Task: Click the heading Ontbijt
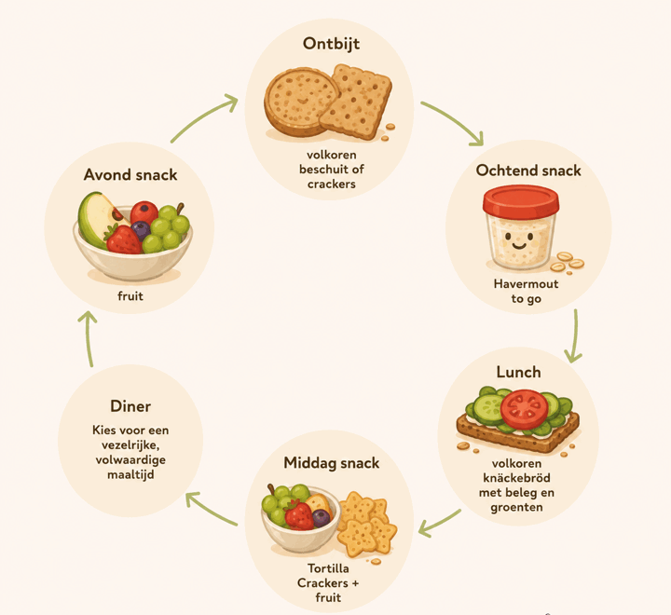coord(331,44)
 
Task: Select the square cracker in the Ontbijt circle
coord(357,101)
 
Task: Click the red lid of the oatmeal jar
coord(521,201)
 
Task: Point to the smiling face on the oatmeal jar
coord(518,241)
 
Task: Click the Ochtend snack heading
coord(528,171)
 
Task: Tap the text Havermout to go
coord(526,291)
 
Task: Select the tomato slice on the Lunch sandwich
coord(524,409)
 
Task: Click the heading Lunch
coord(519,372)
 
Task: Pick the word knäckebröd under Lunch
coord(516,478)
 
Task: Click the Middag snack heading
coord(332,462)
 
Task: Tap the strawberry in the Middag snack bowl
coord(299,515)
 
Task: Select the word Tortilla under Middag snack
coord(328,568)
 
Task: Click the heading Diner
coord(130,406)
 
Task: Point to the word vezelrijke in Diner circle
coord(130,445)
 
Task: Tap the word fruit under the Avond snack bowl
coord(130,295)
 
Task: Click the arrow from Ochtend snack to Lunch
coord(576,336)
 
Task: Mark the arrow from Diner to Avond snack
coord(89,338)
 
